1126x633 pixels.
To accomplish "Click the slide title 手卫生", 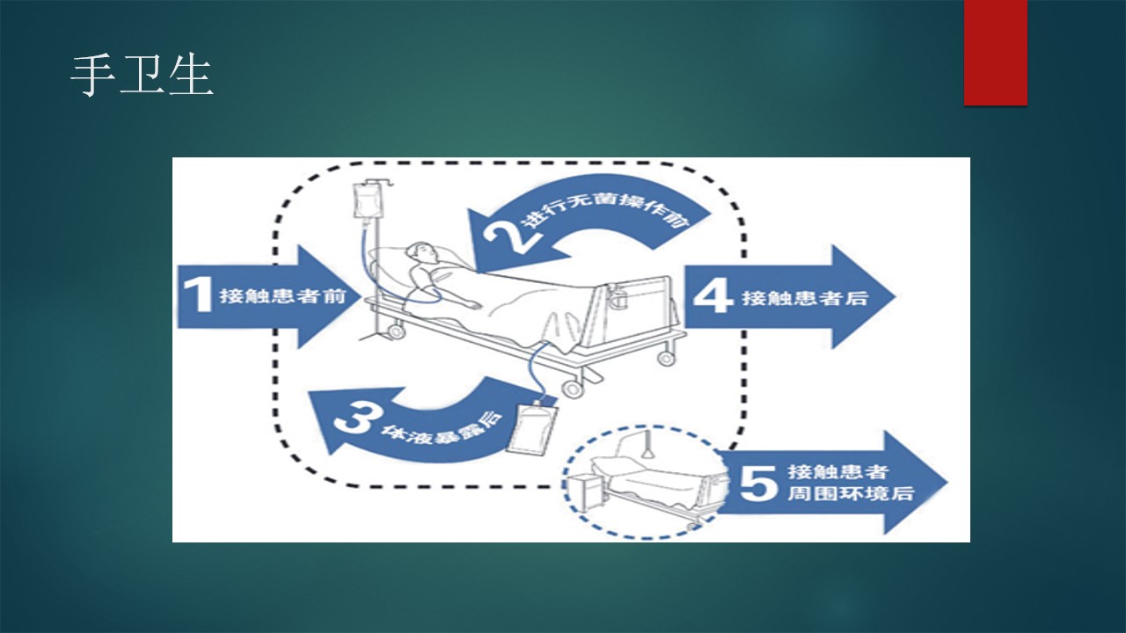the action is click(x=143, y=76).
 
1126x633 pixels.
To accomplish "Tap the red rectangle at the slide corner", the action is click(x=995, y=53).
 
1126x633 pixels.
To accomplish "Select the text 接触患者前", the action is click(x=283, y=296).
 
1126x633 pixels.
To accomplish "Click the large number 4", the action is click(x=713, y=296).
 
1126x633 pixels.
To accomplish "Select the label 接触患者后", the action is click(x=805, y=298).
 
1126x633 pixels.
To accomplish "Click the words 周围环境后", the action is click(x=851, y=493).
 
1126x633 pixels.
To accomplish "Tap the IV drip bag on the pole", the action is click(x=365, y=201).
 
